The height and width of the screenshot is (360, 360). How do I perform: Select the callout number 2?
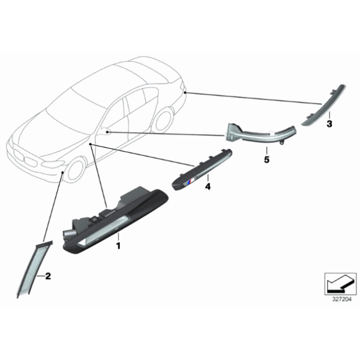click(48, 274)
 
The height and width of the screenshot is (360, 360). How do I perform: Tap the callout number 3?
click(329, 124)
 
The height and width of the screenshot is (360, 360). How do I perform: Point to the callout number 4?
click(209, 186)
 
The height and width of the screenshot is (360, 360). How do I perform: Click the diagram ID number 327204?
click(341, 299)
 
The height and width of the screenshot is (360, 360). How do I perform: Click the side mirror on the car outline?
click(105, 130)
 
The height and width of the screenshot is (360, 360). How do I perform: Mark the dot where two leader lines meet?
click(73, 144)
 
